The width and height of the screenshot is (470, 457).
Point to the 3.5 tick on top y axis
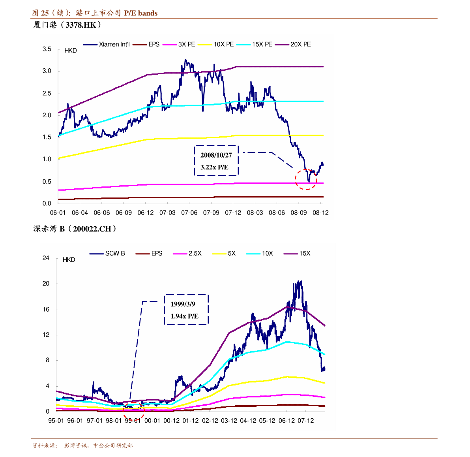point(47,49)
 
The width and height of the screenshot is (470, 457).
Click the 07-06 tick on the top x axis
point(189,213)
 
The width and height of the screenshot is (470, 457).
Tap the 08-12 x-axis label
point(320,213)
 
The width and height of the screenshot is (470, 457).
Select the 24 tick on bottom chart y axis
point(46,258)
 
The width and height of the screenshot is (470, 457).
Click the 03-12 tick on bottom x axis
point(229,421)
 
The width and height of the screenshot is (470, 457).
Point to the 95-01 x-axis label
point(56,421)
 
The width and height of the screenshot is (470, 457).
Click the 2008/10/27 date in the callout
point(216,155)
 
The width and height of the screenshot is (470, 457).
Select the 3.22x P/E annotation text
point(214,167)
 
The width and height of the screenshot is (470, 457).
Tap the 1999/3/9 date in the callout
point(183,304)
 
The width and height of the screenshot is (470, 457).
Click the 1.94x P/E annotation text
point(184,316)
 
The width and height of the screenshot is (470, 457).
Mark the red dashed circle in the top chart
point(306,179)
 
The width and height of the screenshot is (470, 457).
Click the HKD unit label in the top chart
point(71,51)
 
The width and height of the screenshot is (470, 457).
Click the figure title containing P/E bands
point(95,13)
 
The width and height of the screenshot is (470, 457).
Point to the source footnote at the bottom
point(82,446)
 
